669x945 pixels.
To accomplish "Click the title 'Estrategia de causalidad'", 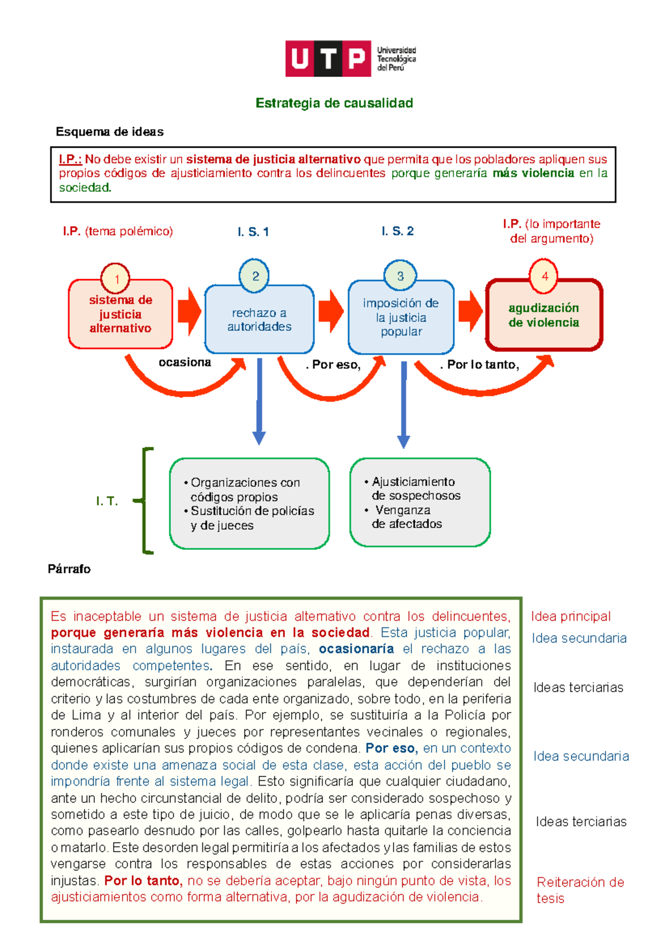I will (x=334, y=103).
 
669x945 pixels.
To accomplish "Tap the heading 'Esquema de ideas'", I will (x=109, y=132).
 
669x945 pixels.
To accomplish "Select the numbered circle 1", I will (x=115, y=278).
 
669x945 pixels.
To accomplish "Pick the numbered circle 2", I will (x=255, y=275).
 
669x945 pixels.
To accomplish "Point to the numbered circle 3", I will (x=400, y=275).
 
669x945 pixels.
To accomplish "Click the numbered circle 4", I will (x=544, y=275).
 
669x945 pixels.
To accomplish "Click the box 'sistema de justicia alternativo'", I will (x=120, y=315).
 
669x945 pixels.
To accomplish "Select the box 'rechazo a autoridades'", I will (x=259, y=320).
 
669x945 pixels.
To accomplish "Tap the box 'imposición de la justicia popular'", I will (x=401, y=318).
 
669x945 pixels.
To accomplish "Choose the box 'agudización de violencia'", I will (x=544, y=315).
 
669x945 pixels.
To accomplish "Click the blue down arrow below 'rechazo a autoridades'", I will (x=259, y=401).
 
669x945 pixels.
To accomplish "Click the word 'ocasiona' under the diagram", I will (x=185, y=363).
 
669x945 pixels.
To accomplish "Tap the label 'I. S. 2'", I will (x=397, y=231).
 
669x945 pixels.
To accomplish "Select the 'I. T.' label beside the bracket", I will (x=106, y=501).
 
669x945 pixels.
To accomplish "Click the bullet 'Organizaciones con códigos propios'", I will (x=245, y=489).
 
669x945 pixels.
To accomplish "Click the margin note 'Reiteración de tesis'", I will (x=580, y=890).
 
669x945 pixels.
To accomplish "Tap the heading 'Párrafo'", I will (x=69, y=569).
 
